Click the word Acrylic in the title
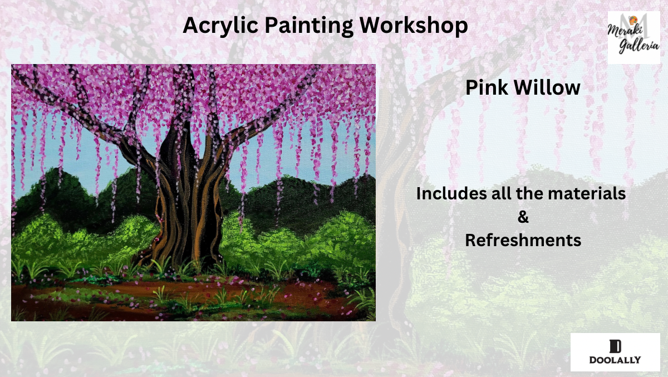point(220,26)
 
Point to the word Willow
point(547,87)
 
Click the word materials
point(587,193)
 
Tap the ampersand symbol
point(523,217)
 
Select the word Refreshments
point(523,240)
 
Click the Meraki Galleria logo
point(633,37)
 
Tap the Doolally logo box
point(615,352)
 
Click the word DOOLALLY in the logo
point(615,360)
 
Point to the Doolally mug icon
point(615,346)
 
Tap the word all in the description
point(502,193)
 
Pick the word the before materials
point(530,193)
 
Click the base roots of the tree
point(179,257)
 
